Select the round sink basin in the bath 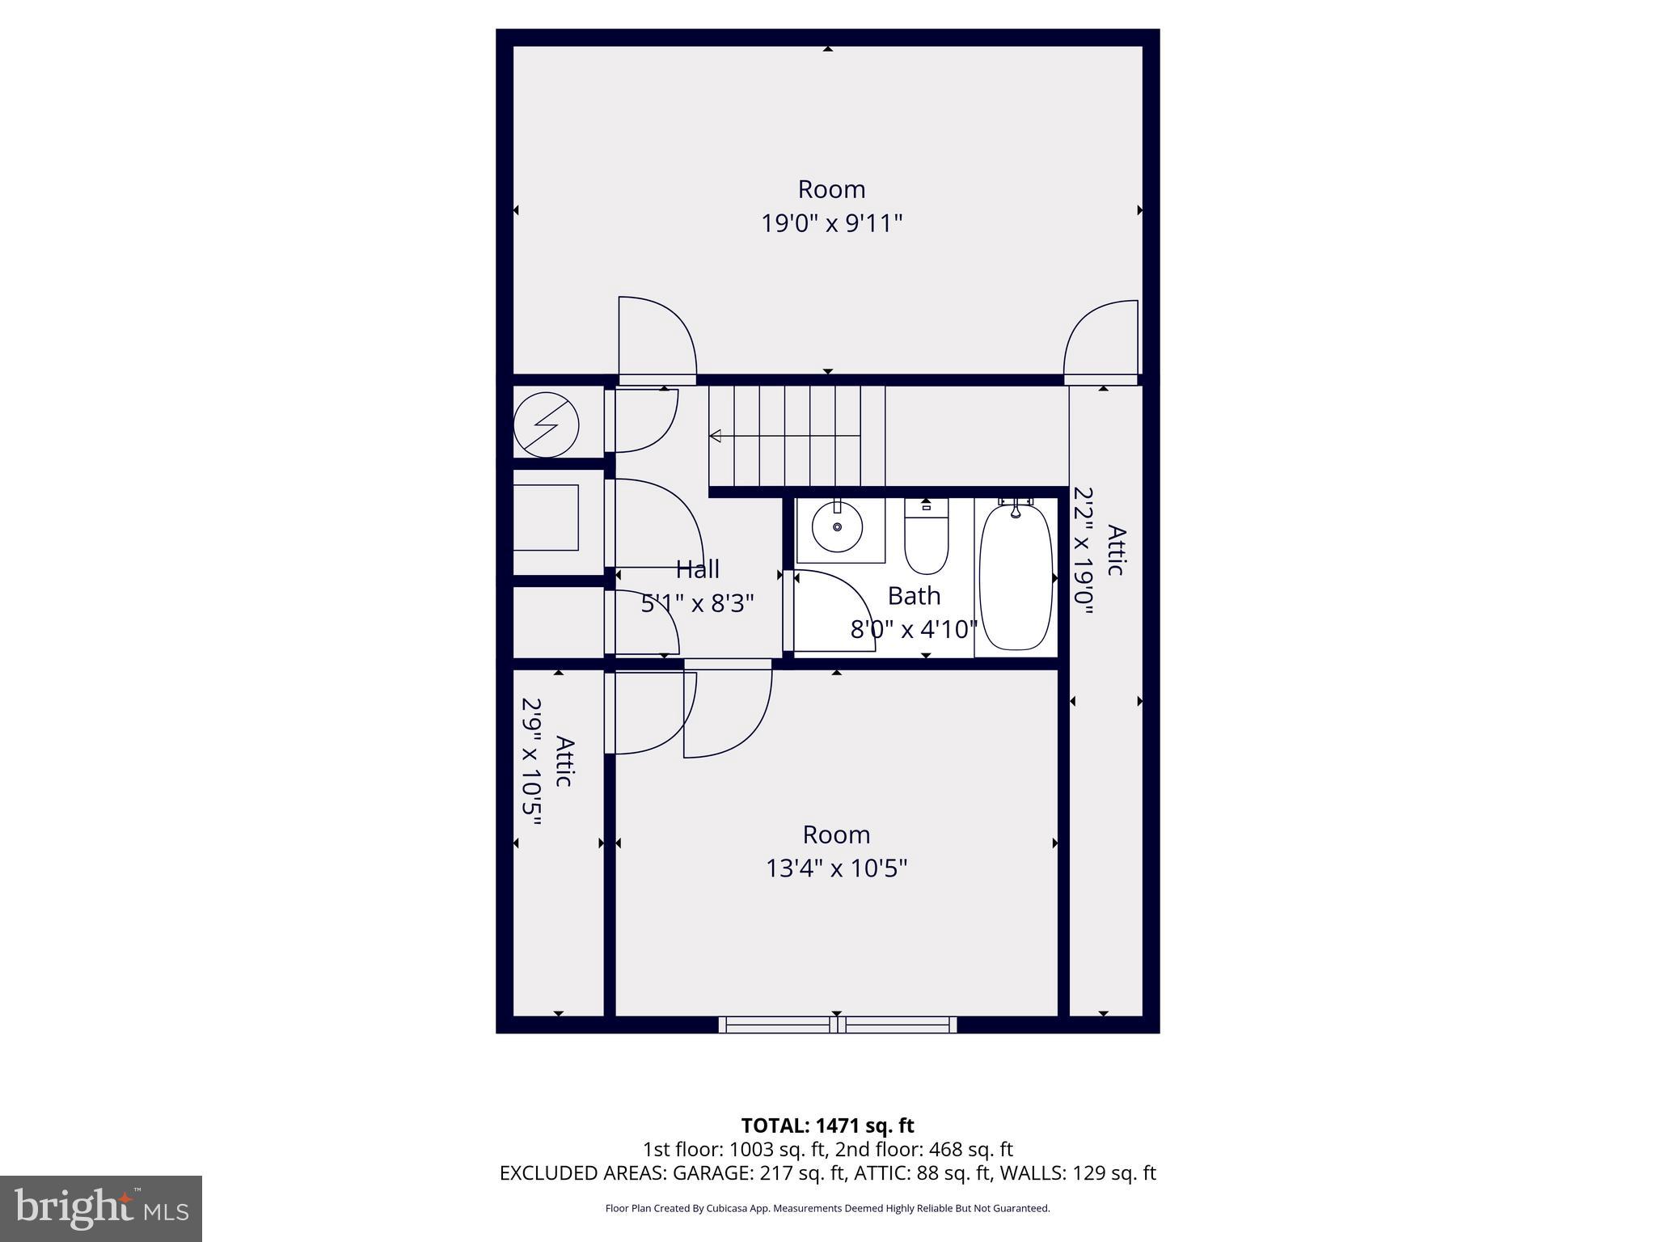click(x=837, y=526)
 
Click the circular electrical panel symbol click(x=547, y=425)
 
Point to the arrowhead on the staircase click(x=715, y=437)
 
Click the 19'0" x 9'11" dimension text click(x=831, y=223)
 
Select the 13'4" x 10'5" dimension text click(x=836, y=868)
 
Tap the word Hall click(x=697, y=569)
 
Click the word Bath click(x=914, y=596)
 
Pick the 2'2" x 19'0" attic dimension click(x=1084, y=550)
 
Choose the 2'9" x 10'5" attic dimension click(x=530, y=762)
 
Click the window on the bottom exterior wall click(x=838, y=1025)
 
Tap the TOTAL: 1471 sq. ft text click(x=827, y=1126)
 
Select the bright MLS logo click(x=100, y=1208)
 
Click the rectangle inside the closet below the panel click(x=546, y=517)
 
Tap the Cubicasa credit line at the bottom click(x=827, y=1209)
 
